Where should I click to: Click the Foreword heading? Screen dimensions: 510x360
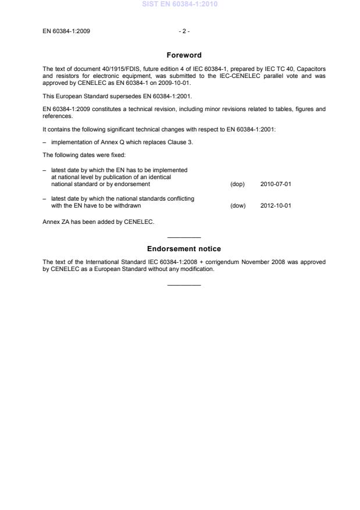click(184, 55)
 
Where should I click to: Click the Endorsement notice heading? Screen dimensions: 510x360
click(184, 249)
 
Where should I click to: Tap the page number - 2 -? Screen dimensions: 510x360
click(184, 31)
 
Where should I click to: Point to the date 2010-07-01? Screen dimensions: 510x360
click(276, 184)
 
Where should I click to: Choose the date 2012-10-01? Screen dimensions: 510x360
click(276, 205)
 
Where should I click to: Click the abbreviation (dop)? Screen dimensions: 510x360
click(238, 184)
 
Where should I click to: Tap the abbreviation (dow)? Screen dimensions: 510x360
click(238, 205)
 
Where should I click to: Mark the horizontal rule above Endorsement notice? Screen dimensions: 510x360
click(184, 237)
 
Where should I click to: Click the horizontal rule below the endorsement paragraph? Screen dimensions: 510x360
click(184, 285)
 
